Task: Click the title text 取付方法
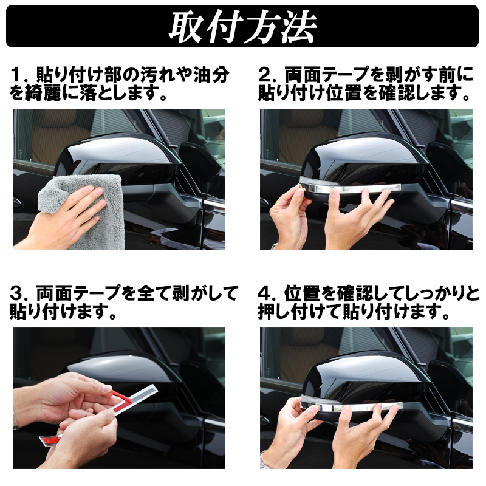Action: [x=242, y=27]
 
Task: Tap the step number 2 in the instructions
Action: [x=264, y=75]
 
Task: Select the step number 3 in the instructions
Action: [x=16, y=293]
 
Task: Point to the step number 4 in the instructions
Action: [x=264, y=293]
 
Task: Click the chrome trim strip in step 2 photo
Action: [x=351, y=188]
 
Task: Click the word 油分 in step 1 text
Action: [x=211, y=75]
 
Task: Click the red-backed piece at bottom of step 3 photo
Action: [x=50, y=439]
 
